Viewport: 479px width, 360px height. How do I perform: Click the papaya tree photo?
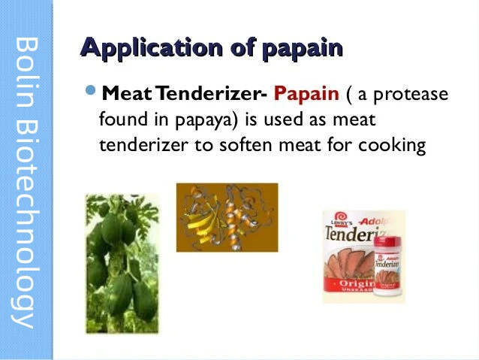click(121, 263)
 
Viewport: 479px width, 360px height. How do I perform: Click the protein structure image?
click(226, 218)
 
